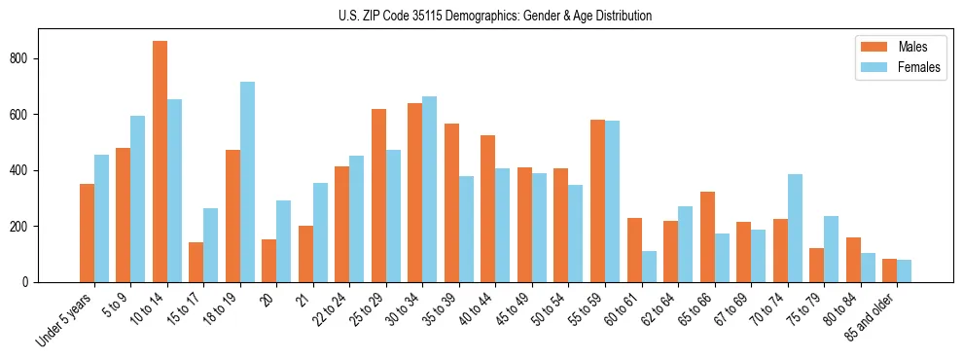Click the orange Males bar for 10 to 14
click(160, 162)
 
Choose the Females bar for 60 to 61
click(649, 267)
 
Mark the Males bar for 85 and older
click(890, 270)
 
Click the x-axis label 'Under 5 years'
click(65, 318)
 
